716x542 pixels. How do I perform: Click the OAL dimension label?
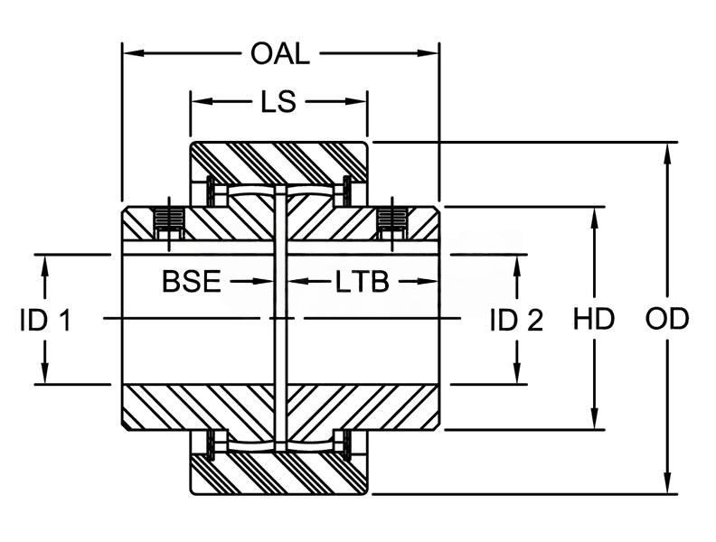tap(279, 54)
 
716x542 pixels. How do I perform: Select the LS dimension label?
tap(278, 102)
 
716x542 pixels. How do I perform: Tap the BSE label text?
tap(191, 282)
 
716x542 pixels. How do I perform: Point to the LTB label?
tap(362, 282)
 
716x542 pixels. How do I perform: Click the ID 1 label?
tap(45, 320)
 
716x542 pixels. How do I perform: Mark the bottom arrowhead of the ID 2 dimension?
tap(516, 376)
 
